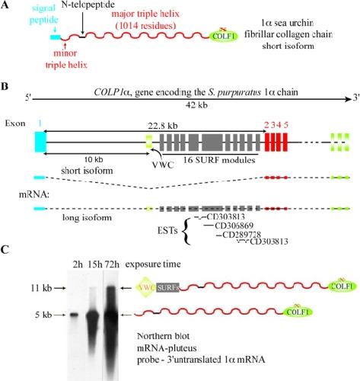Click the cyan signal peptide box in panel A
(x=56, y=37)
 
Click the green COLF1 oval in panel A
(x=224, y=37)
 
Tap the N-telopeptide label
(x=88, y=5)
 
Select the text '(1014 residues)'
(x=145, y=26)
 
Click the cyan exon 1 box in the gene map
(x=41, y=142)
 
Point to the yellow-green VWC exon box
(x=149, y=141)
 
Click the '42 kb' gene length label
(x=196, y=105)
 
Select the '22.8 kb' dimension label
(x=163, y=126)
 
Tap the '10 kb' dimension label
(x=94, y=159)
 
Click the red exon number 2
(x=266, y=125)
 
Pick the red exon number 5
(x=286, y=125)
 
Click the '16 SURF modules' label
(x=219, y=160)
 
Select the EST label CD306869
(x=234, y=226)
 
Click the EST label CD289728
(x=241, y=235)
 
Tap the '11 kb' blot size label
(x=41, y=288)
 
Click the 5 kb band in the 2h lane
(x=74, y=315)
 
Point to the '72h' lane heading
(x=113, y=264)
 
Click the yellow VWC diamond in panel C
(x=146, y=287)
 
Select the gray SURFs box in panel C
(x=167, y=287)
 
